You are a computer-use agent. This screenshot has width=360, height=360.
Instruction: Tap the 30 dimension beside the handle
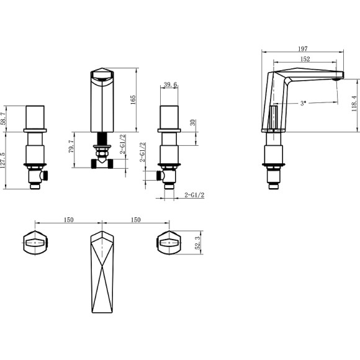coord(192,122)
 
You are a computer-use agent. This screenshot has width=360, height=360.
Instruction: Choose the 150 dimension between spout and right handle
coord(135,220)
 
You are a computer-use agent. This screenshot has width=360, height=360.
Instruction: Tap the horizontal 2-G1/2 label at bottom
coord(195,196)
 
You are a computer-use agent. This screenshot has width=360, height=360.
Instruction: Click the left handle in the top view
coord(35,241)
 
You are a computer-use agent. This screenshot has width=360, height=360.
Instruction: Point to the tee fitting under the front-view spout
coord(101,163)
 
